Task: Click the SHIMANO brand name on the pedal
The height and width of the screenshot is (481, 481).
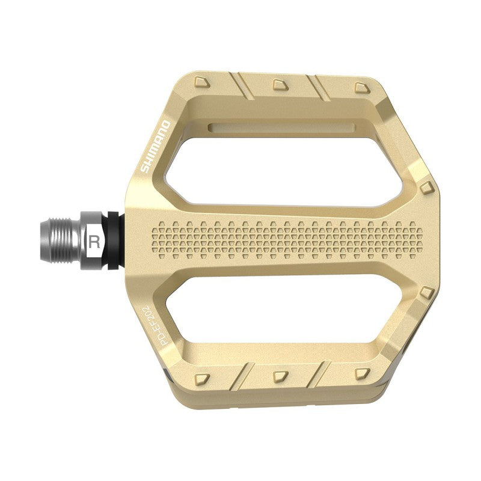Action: [155, 147]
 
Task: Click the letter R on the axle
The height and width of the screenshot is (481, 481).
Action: [94, 242]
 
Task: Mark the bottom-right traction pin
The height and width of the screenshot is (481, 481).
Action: [361, 374]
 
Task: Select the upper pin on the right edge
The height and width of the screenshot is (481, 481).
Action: [426, 188]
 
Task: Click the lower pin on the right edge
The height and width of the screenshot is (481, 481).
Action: [426, 292]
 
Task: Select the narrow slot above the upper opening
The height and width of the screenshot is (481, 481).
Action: [283, 127]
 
